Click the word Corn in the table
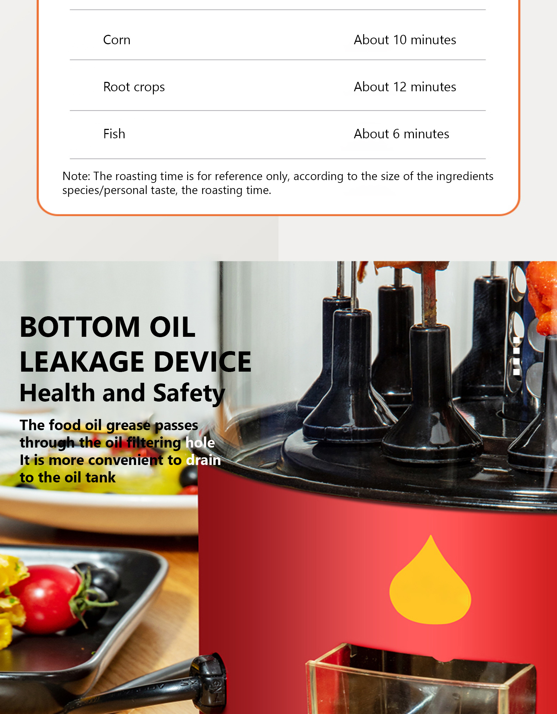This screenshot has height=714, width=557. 117,40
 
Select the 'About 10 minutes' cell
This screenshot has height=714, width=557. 405,40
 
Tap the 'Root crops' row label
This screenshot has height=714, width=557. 134,87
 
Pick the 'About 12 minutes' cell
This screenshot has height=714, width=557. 405,87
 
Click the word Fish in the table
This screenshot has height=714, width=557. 114,134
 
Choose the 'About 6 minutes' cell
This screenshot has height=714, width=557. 401,134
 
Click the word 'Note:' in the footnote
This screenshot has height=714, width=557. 76,176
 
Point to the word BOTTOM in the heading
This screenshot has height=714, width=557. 80,327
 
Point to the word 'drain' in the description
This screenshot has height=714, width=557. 203,460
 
